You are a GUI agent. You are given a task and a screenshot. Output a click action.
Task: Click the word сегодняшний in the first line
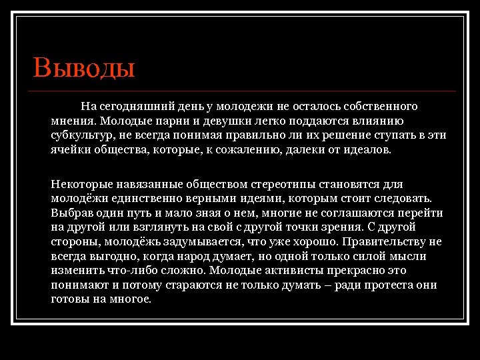tap(131, 106)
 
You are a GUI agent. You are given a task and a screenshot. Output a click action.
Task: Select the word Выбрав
tap(69, 213)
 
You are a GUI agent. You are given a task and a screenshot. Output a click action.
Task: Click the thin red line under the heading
tap(244, 91)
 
